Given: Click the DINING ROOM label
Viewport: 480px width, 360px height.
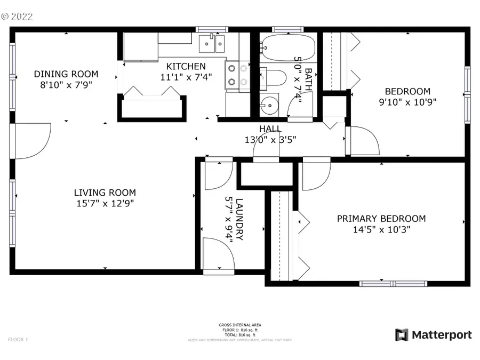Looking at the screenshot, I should [x=66, y=74].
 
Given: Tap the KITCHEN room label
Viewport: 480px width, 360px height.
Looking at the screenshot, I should [x=186, y=67].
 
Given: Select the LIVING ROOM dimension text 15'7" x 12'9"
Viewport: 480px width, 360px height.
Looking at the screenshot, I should [x=105, y=203].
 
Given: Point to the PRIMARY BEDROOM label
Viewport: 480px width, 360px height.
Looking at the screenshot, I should [x=381, y=219].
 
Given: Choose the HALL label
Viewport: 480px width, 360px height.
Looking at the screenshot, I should [x=270, y=129].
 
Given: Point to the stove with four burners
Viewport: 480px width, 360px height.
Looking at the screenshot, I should [x=238, y=75].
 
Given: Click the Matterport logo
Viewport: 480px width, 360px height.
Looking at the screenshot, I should [x=433, y=335].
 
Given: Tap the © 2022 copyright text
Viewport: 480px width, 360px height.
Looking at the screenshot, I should [x=17, y=17].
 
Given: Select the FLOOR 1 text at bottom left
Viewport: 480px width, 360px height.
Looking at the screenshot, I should [x=18, y=339].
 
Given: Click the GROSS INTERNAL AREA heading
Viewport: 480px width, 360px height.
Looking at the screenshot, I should [x=239, y=325].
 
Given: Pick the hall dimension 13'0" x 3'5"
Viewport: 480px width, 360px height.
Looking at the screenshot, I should [x=270, y=140].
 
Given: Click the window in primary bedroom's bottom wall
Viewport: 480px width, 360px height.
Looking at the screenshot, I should [x=393, y=283].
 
